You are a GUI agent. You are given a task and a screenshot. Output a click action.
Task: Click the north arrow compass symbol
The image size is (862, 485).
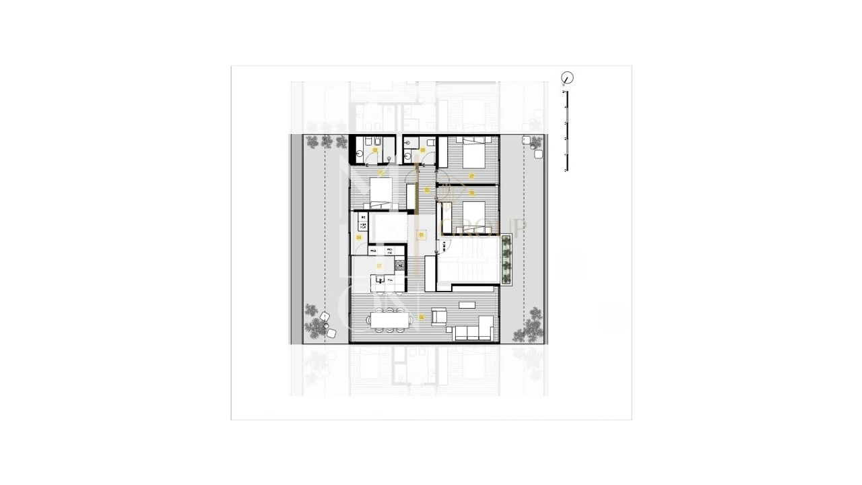click(x=567, y=78)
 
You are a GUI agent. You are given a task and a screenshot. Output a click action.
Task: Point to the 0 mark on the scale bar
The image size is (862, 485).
click(x=566, y=170)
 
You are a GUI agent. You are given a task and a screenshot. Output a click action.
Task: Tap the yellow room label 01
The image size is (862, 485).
click(x=422, y=235)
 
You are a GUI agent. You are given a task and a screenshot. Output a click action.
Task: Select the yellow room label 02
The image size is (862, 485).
click(x=422, y=317)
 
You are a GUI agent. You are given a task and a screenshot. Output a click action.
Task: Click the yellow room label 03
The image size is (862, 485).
click(x=379, y=266)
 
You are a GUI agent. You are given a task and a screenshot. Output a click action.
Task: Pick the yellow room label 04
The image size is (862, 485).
click(x=359, y=238)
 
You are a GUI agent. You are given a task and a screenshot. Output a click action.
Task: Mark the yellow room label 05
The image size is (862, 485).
click(x=427, y=190)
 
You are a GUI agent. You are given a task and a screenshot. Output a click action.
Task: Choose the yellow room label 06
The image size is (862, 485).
click(x=471, y=193)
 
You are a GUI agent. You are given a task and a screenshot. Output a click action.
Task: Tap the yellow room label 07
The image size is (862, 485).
click(x=471, y=176)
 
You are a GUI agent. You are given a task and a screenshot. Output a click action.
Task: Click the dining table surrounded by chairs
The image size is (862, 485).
click(x=390, y=319)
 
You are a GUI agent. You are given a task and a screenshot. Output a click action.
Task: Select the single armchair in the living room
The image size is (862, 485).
click(x=438, y=317)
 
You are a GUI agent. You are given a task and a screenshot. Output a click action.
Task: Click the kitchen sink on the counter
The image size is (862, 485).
click(x=380, y=280)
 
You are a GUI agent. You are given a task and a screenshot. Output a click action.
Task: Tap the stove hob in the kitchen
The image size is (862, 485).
click(x=399, y=265)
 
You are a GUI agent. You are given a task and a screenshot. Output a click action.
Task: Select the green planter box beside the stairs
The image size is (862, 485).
click(x=506, y=260)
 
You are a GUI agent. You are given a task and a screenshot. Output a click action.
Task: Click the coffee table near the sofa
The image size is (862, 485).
click(x=466, y=304)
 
